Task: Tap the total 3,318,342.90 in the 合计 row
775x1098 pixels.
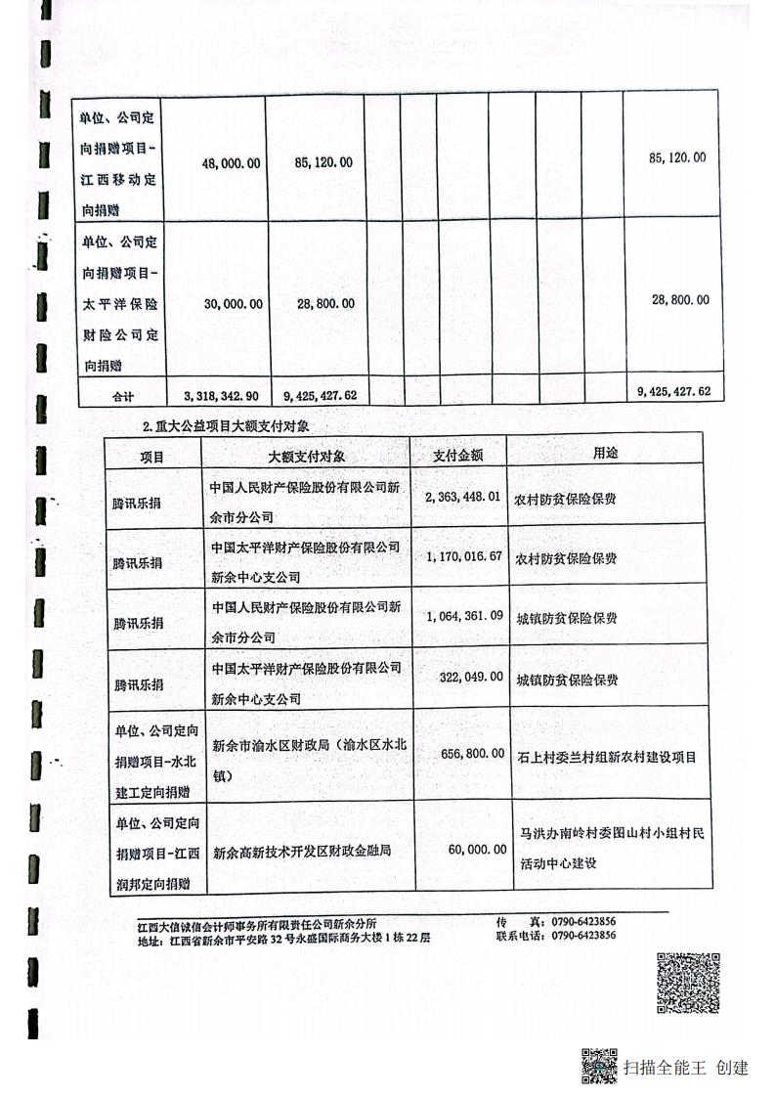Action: click(221, 395)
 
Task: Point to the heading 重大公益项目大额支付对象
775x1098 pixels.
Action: click(232, 426)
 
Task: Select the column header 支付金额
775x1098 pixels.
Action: click(470, 455)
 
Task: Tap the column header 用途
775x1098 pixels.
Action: click(606, 454)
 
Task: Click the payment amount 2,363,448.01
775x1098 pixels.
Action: click(464, 497)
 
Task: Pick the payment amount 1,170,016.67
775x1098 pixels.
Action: click(464, 556)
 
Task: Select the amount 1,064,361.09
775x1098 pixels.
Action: click(464, 616)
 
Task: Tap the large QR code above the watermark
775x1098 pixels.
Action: click(687, 982)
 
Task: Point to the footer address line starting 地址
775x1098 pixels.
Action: click(283, 937)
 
